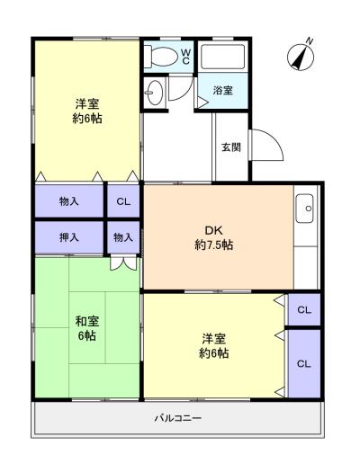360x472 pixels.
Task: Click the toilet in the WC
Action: [x=160, y=56]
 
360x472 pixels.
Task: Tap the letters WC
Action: [x=185, y=57]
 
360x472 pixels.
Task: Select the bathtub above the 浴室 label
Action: [x=222, y=56]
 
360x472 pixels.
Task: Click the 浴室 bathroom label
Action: [x=222, y=90]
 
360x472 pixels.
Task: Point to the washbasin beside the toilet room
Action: [x=155, y=93]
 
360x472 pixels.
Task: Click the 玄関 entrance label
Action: [x=231, y=147]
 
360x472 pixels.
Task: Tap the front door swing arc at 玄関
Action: [x=268, y=145]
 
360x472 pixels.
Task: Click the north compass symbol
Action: [x=301, y=55]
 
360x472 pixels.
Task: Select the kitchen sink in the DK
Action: [x=304, y=209]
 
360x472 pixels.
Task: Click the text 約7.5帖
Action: [x=214, y=245]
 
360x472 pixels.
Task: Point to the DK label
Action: [x=213, y=230]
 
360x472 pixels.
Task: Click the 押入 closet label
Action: [x=69, y=237]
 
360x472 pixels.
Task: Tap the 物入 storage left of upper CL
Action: [x=69, y=201]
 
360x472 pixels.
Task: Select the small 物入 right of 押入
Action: [x=123, y=237]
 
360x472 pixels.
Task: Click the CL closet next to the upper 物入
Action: [x=123, y=201]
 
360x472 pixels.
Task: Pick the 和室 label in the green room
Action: [x=86, y=321]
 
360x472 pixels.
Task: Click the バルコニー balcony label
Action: [x=177, y=418]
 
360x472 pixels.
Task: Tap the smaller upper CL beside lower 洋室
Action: [x=304, y=310]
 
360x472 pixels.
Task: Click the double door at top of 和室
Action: [x=123, y=263]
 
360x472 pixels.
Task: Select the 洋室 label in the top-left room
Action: [x=87, y=104]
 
